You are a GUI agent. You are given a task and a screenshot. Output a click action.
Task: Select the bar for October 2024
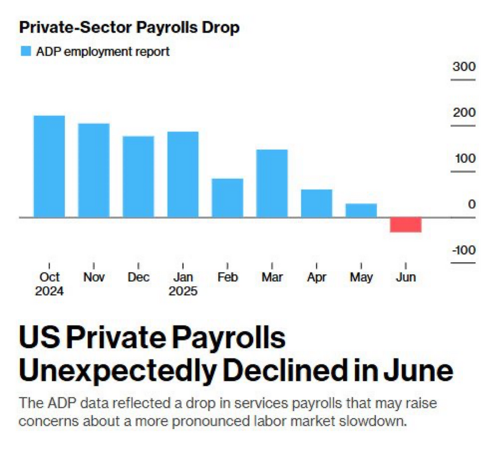(x=49, y=166)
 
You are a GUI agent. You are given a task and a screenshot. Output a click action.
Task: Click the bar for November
(x=94, y=170)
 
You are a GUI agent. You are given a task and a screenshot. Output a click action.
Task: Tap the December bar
(x=138, y=176)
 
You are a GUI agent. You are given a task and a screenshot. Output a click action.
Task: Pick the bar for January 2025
(x=183, y=174)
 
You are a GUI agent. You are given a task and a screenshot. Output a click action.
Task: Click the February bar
(x=227, y=198)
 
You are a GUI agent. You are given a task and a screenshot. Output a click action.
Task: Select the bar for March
(x=272, y=183)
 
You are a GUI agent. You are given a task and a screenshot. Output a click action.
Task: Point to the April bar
(x=317, y=203)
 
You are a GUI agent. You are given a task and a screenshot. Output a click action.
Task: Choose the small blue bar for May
(x=361, y=210)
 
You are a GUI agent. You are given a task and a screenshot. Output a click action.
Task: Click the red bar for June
(x=405, y=224)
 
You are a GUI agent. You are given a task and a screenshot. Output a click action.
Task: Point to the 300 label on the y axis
(x=464, y=67)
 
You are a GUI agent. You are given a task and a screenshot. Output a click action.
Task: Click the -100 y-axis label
(x=463, y=250)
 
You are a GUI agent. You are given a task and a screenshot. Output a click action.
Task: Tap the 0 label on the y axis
(x=472, y=204)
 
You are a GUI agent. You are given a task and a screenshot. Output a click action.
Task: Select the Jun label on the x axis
(x=406, y=277)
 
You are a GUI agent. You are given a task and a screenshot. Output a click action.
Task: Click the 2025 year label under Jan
(x=183, y=292)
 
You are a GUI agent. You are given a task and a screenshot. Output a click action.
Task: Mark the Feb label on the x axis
(x=228, y=277)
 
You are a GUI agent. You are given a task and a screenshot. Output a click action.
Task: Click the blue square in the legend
(x=26, y=52)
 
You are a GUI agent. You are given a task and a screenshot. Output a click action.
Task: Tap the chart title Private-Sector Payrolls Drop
(x=129, y=28)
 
